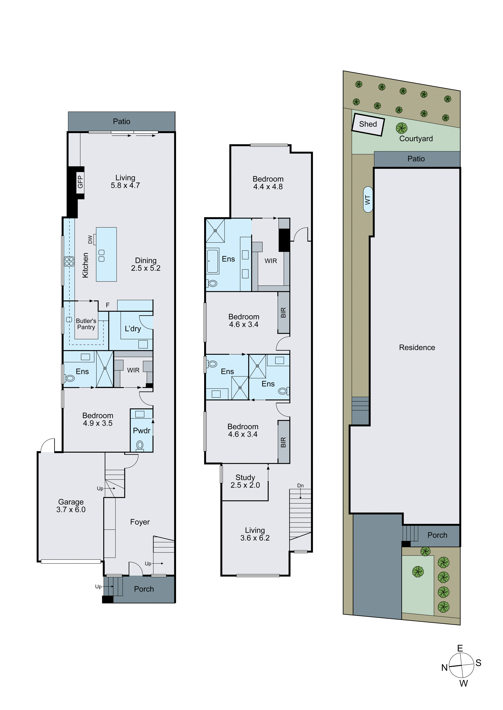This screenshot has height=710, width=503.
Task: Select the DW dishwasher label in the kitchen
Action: (90, 239)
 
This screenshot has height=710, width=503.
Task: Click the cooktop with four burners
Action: (69, 261)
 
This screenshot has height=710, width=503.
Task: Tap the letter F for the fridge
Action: (108, 305)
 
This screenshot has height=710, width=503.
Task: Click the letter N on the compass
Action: (444, 668)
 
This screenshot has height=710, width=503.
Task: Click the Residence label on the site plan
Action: (417, 348)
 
